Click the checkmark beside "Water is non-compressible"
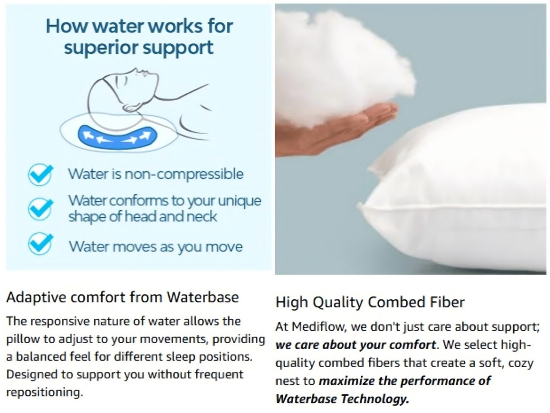(41, 174)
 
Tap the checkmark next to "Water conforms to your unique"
(41, 208)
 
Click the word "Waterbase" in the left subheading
(203, 297)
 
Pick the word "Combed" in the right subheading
(397, 303)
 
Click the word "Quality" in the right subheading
(337, 303)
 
